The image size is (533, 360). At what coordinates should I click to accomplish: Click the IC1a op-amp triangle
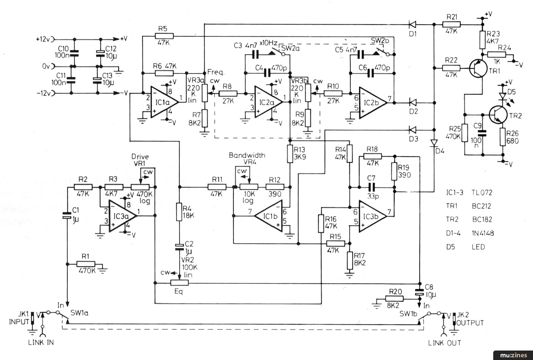[x=164, y=102]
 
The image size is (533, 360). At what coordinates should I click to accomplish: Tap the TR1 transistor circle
[x=478, y=69]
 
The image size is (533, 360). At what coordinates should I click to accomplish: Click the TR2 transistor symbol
[x=498, y=115]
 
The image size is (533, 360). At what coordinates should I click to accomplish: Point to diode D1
[x=413, y=24]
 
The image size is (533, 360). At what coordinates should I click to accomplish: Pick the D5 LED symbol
[x=503, y=96]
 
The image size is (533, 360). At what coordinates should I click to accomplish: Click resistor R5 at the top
[x=164, y=36]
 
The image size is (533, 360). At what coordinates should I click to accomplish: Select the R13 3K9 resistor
[x=290, y=154]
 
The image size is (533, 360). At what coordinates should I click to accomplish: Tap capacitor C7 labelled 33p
[x=371, y=187]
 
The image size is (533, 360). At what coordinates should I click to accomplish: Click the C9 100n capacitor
[x=483, y=133]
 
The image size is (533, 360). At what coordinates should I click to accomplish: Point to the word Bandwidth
[x=247, y=155]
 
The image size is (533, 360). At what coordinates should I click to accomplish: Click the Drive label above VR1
[x=140, y=157]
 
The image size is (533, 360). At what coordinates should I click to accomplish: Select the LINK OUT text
[x=444, y=343]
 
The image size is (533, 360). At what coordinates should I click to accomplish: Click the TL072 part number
[x=482, y=193]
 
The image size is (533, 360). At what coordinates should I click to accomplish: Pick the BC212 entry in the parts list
[x=481, y=206]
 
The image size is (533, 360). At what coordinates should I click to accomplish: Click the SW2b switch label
[x=380, y=41]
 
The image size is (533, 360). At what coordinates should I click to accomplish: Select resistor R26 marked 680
[x=503, y=137]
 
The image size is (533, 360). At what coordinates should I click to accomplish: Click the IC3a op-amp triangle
[x=122, y=216]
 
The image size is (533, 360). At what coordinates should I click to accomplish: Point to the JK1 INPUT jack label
[x=19, y=318]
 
